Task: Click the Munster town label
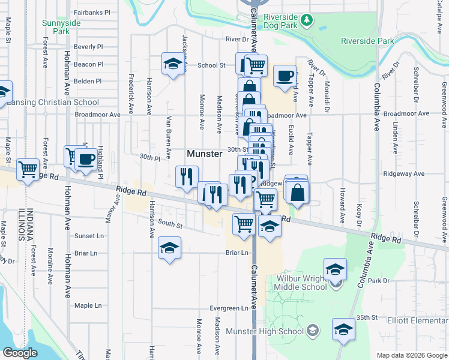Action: point(205,154)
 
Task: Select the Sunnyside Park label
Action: point(61,27)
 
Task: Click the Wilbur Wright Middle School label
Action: point(302,283)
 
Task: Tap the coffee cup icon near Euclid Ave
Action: point(285,76)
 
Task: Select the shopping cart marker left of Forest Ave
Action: point(28,170)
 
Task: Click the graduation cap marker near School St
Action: point(172,64)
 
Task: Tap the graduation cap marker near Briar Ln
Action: point(170,248)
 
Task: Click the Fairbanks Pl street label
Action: point(92,12)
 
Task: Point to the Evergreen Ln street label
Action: point(229,308)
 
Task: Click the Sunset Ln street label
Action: point(85,236)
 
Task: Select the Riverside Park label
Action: point(367,41)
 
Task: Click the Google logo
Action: point(20,353)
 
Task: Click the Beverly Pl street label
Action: point(88,46)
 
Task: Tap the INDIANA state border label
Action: point(26,219)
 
